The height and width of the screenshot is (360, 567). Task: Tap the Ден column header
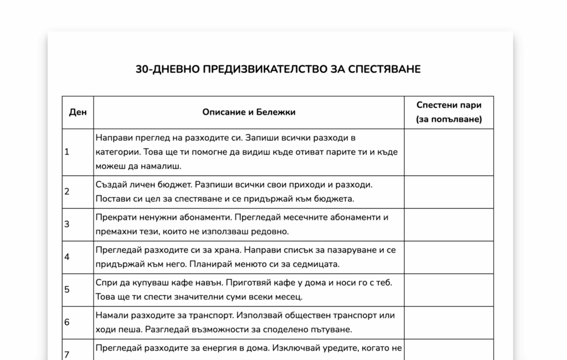[x=78, y=112]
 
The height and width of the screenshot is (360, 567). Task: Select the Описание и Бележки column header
[x=249, y=112]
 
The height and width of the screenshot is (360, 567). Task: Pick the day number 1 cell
[x=78, y=152]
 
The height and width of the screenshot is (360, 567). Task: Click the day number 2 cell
[x=78, y=192]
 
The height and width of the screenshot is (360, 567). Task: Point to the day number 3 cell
[x=78, y=224]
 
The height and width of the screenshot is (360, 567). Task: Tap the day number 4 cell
[x=78, y=257]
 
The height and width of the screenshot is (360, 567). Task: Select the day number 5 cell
[x=78, y=290]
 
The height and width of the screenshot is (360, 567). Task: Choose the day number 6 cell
[x=78, y=322]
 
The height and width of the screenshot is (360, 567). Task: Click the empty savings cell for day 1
[x=449, y=152]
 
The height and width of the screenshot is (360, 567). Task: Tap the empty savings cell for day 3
[x=449, y=224]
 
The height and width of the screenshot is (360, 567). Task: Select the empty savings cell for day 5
[x=449, y=290]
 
